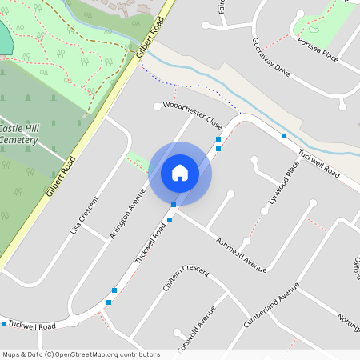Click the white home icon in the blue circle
(x=180, y=173)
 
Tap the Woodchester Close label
(x=192, y=115)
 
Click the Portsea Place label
(x=318, y=49)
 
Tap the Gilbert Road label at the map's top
(x=150, y=37)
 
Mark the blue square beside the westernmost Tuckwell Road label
(x=5, y=323)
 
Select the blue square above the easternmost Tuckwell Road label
(x=284, y=136)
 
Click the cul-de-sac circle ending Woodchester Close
(x=158, y=106)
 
